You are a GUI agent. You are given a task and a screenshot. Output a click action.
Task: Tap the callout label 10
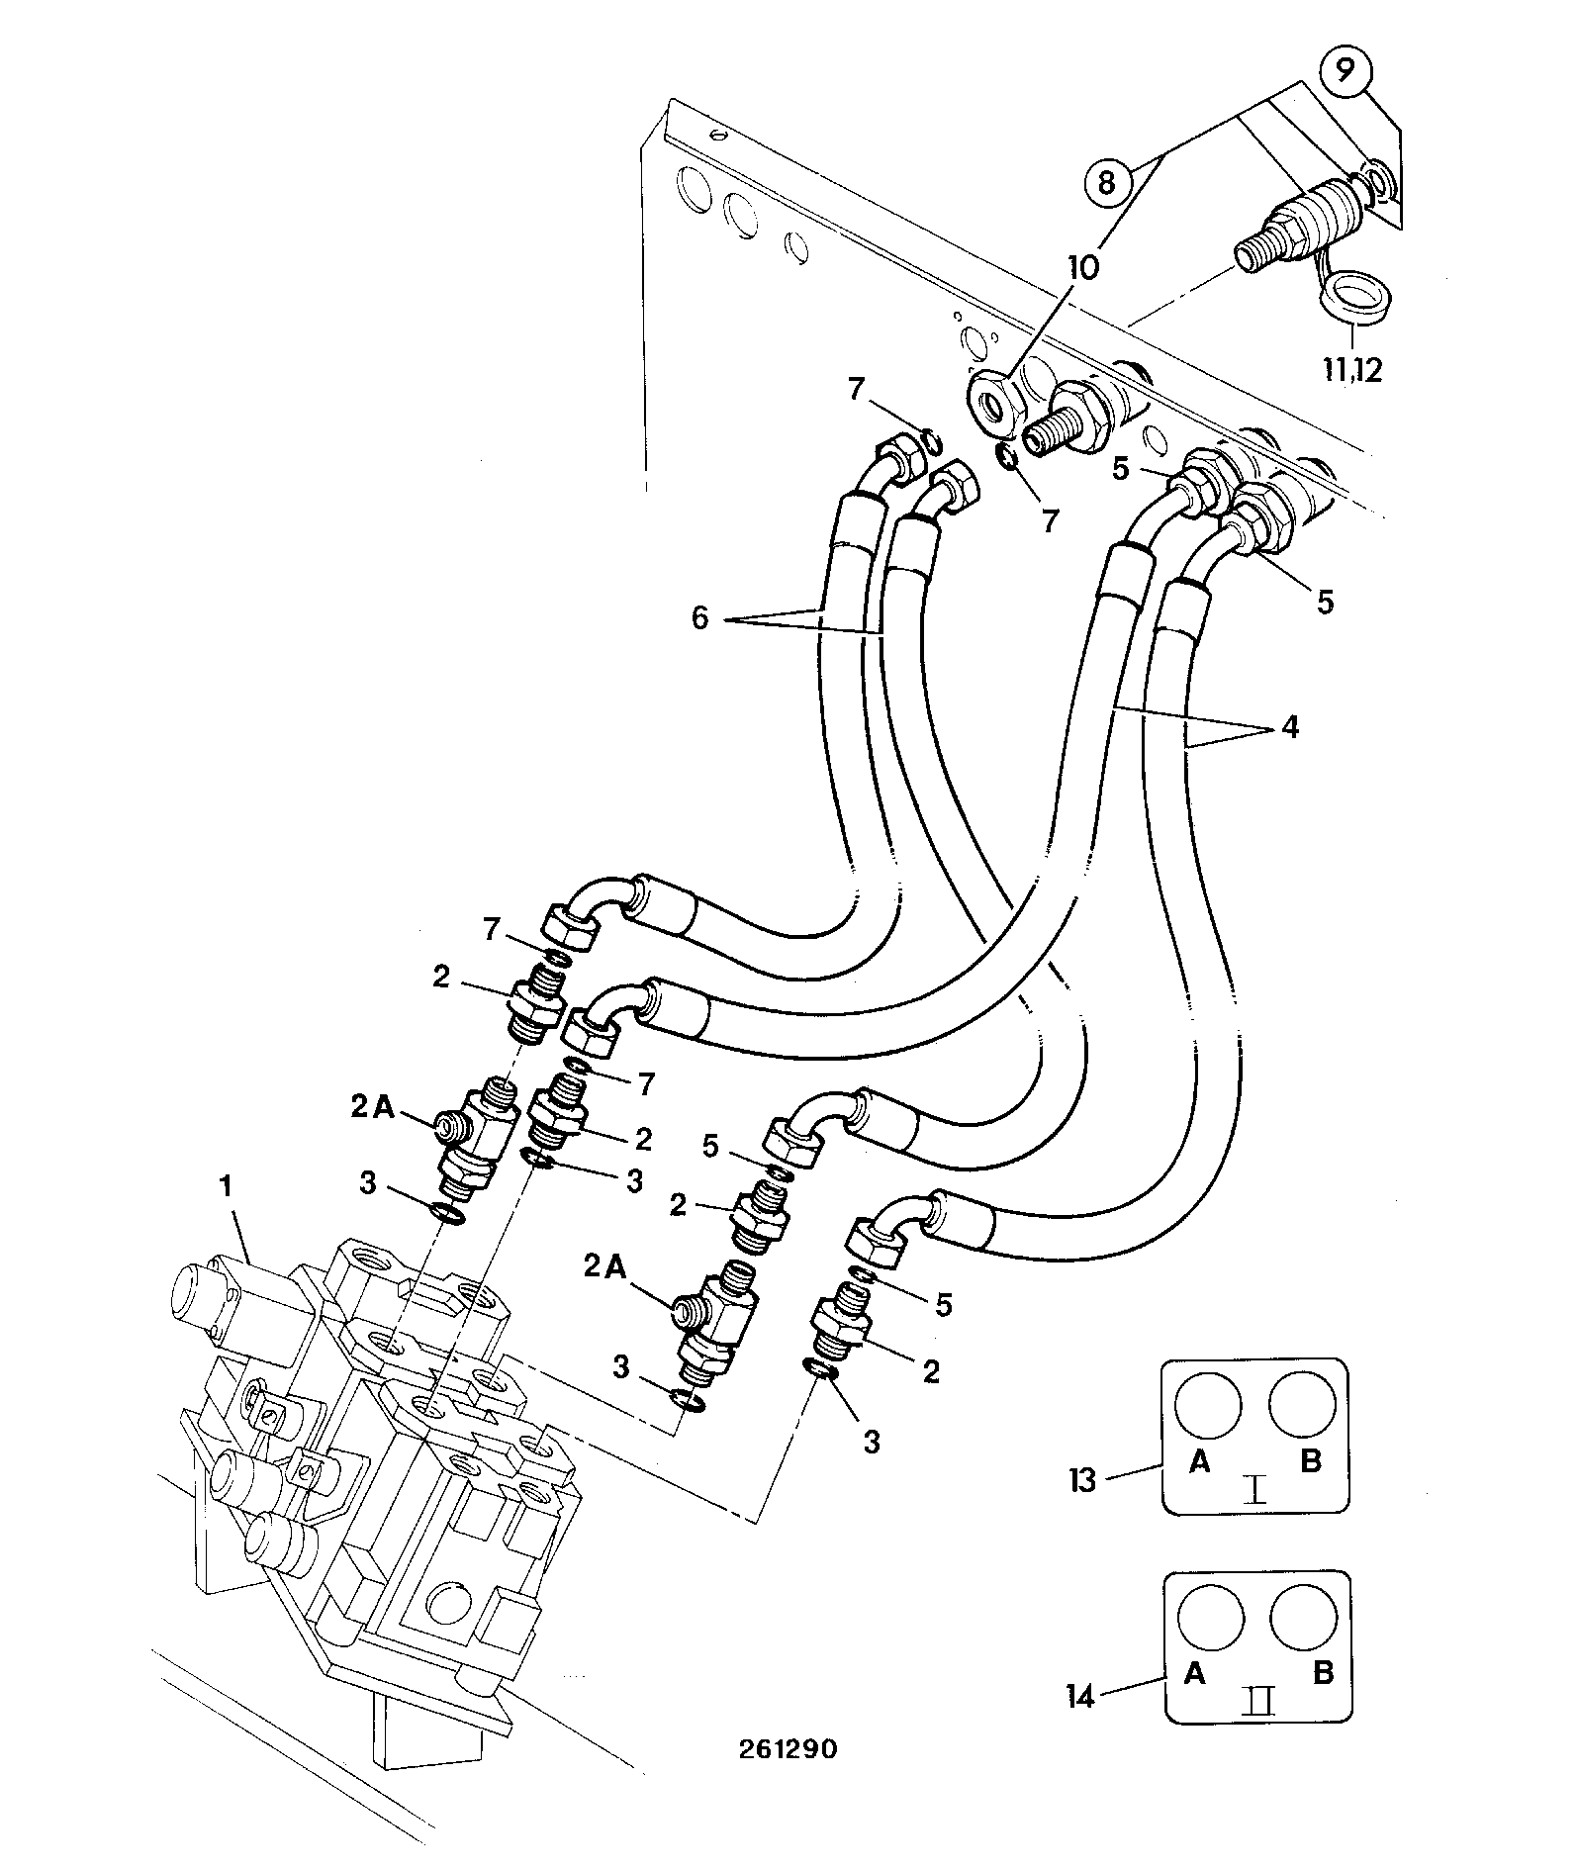pos(1082,268)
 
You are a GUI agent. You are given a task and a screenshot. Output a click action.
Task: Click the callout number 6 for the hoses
pos(699,618)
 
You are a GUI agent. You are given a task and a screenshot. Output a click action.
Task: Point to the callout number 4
pos(1289,727)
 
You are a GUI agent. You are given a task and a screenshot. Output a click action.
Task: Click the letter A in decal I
pos(1199,1462)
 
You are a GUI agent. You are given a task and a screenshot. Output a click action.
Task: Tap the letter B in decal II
pos(1323,1673)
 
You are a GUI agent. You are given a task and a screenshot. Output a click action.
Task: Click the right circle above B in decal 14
pos(1305,1623)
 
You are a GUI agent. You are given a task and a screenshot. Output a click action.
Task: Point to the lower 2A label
pos(605,1266)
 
